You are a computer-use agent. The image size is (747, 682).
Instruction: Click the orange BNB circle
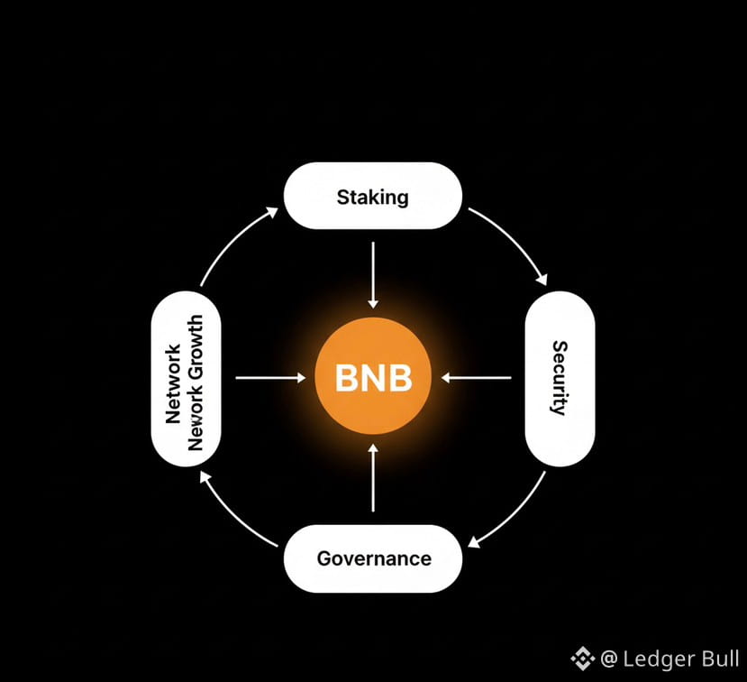click(373, 378)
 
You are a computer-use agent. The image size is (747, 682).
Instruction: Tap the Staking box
click(373, 195)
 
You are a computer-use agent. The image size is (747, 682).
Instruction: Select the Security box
click(560, 378)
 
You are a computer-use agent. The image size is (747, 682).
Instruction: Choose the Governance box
click(373, 558)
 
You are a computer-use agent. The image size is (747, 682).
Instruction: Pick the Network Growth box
click(186, 378)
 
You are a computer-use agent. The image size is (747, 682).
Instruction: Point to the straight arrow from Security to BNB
click(477, 378)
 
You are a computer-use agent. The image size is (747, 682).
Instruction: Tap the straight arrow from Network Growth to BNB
click(269, 378)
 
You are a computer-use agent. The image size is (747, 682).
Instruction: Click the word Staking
click(373, 196)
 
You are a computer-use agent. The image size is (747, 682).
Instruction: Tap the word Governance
click(374, 558)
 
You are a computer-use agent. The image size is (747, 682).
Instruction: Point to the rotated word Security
click(560, 378)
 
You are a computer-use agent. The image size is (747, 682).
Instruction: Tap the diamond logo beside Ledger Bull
click(583, 659)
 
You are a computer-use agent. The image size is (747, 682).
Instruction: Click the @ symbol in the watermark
click(609, 659)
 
